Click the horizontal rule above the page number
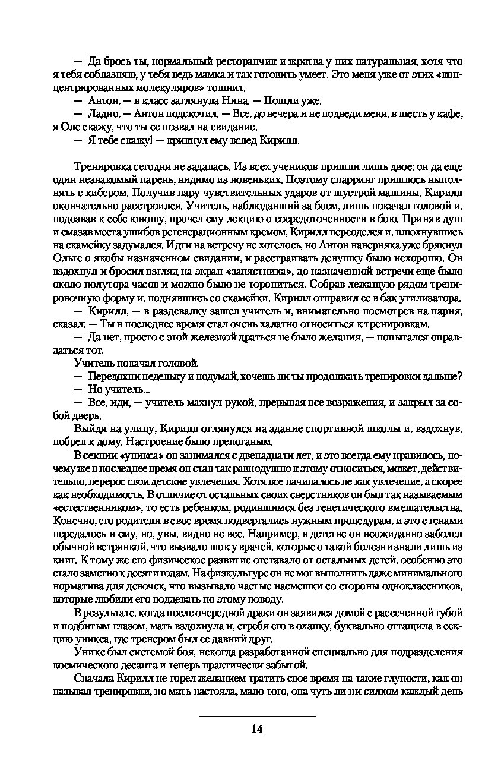click(x=256, y=716)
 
